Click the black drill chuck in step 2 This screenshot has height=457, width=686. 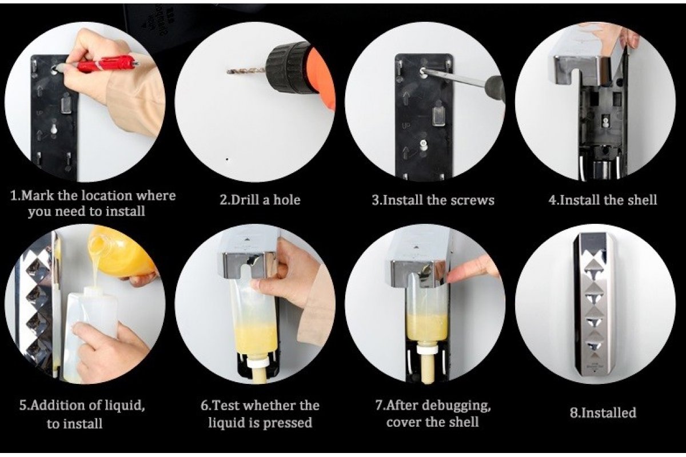click(288, 66)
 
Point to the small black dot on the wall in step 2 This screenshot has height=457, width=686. click(226, 159)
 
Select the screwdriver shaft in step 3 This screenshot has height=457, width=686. click(456, 78)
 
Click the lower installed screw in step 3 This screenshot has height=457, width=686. click(423, 143)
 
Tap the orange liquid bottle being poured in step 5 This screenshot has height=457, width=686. click(121, 255)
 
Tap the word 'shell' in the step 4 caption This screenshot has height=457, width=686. click(642, 200)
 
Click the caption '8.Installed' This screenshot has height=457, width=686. click(603, 412)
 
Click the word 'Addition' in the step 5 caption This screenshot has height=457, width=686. click(58, 406)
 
